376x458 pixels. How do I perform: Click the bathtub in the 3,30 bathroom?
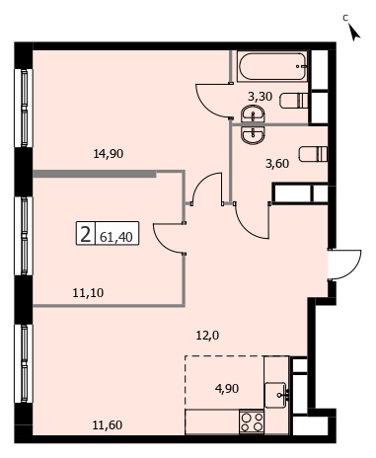point(272,67)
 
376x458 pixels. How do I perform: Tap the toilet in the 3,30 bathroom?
point(294,101)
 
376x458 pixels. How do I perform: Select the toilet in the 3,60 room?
point(313,154)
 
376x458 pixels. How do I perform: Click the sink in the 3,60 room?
point(253,135)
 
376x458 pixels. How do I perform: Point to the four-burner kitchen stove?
point(252,422)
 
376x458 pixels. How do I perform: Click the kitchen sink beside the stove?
point(276,395)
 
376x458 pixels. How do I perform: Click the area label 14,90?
point(109,154)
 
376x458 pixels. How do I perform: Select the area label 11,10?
point(88,292)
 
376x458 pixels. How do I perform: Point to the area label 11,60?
point(108,425)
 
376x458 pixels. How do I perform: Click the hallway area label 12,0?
point(207,336)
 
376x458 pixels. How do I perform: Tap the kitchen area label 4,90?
point(227,389)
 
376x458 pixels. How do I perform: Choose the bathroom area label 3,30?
point(260,97)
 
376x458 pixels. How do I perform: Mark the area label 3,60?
point(277,164)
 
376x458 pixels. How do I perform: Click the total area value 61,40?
point(116,237)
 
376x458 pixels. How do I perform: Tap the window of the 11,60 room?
point(24,363)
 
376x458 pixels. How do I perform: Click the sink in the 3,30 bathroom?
point(253,114)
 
